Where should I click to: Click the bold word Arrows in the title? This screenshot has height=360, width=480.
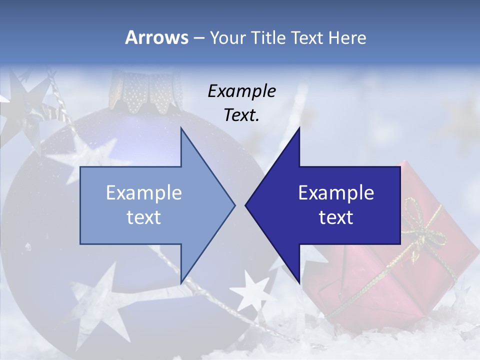(156, 37)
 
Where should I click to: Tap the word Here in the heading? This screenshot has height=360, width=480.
(346, 37)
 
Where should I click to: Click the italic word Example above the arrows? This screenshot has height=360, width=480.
(241, 91)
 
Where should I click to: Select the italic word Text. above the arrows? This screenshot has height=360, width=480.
(241, 115)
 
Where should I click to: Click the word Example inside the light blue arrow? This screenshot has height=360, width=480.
(143, 193)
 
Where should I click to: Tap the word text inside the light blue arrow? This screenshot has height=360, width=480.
(143, 217)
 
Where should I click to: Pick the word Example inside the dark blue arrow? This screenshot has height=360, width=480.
(336, 193)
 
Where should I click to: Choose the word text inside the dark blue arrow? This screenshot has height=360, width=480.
(336, 217)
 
